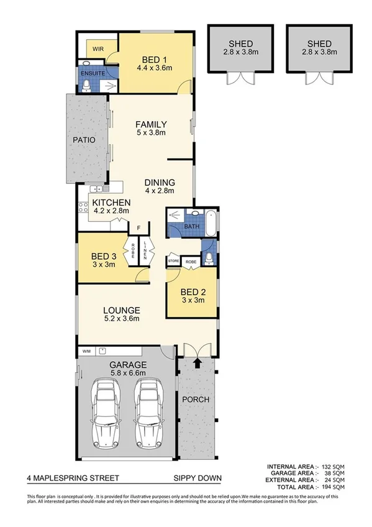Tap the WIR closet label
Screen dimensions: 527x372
98,48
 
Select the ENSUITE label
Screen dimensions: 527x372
89,73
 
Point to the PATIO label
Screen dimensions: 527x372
83,140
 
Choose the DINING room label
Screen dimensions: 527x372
160,182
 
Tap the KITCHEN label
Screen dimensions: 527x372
111,203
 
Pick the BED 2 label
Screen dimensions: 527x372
193,291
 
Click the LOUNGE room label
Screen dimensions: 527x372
121,310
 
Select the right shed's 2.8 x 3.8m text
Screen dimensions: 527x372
318,53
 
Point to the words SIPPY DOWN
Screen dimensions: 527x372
197,479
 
